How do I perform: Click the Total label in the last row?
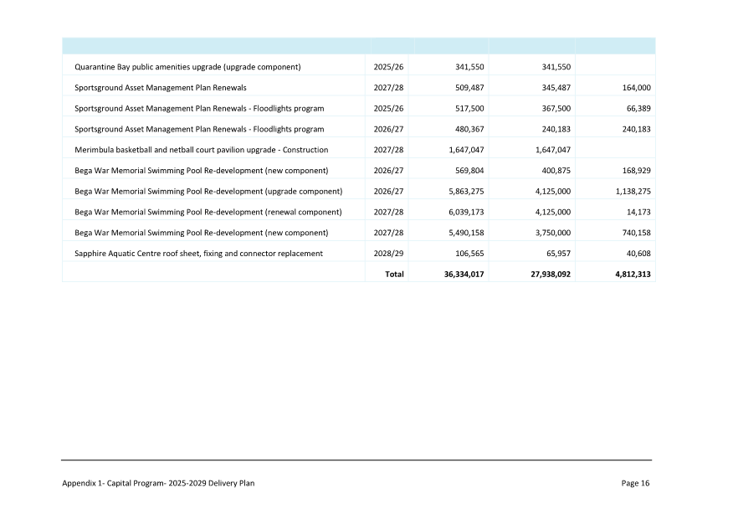click(x=393, y=274)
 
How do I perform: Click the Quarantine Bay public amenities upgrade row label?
click(x=187, y=66)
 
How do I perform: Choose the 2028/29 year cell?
click(x=388, y=253)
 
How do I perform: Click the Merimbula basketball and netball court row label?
click(x=201, y=149)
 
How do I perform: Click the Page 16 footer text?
click(x=635, y=483)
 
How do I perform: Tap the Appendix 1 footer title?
click(x=158, y=483)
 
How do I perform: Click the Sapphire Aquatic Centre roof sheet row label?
click(x=198, y=253)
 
